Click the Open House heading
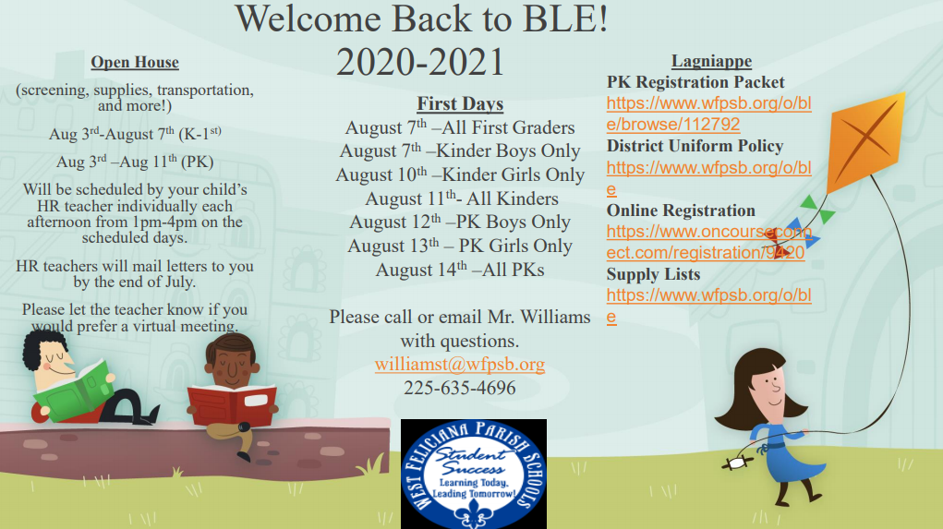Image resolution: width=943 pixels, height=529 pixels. (135, 63)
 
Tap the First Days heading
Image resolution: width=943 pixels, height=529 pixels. (460, 104)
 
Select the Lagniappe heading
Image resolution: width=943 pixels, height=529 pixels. (711, 61)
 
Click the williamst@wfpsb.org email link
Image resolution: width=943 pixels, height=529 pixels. (460, 365)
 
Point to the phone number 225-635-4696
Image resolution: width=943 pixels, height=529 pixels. (460, 388)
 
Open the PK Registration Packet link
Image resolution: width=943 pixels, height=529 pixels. (709, 114)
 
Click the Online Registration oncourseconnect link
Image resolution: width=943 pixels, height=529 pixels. (709, 242)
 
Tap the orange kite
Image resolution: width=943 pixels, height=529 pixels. (864, 141)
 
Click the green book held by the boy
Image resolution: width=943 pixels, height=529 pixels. (73, 391)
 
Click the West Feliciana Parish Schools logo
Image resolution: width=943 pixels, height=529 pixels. (474, 474)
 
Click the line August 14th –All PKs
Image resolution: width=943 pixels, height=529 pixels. (460, 270)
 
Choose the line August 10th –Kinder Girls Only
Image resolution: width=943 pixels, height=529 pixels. (460, 174)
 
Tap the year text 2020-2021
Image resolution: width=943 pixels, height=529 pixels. (420, 62)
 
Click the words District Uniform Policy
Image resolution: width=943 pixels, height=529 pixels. (695, 146)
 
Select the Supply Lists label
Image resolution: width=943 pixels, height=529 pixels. (653, 274)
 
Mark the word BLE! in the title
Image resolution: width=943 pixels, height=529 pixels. (565, 18)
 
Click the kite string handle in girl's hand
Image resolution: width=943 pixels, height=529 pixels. (737, 463)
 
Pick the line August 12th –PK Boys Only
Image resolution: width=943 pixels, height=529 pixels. (460, 222)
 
